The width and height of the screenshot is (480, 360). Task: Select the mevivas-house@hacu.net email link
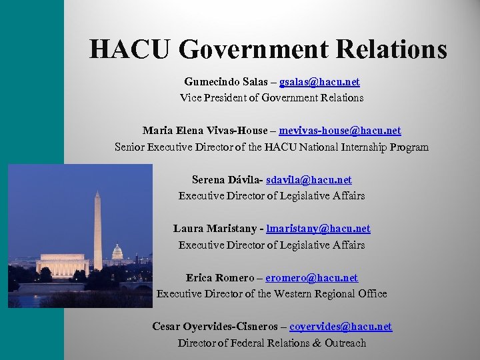[340, 131]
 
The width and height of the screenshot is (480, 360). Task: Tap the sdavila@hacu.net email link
[309, 180]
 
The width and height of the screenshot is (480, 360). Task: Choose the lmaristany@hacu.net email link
[318, 229]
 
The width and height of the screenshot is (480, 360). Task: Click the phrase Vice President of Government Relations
[271, 98]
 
